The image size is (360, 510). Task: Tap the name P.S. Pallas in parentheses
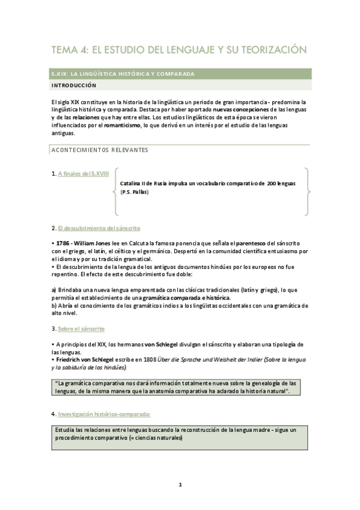tap(135, 192)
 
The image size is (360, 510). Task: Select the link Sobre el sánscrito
tap(81, 329)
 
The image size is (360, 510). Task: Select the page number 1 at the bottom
tap(180, 484)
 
